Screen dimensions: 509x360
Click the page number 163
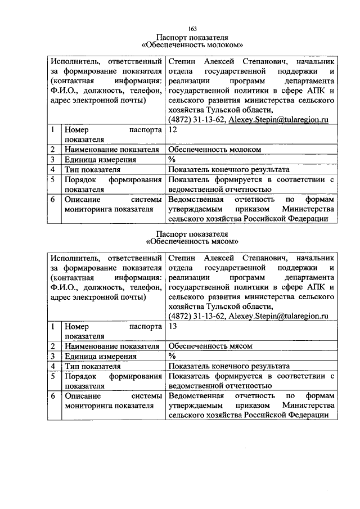click(191, 28)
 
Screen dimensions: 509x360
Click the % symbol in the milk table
click(172, 159)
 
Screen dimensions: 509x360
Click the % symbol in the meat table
click(172, 356)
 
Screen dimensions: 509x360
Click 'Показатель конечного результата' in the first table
click(228, 169)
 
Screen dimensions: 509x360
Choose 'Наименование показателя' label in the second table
click(112, 346)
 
